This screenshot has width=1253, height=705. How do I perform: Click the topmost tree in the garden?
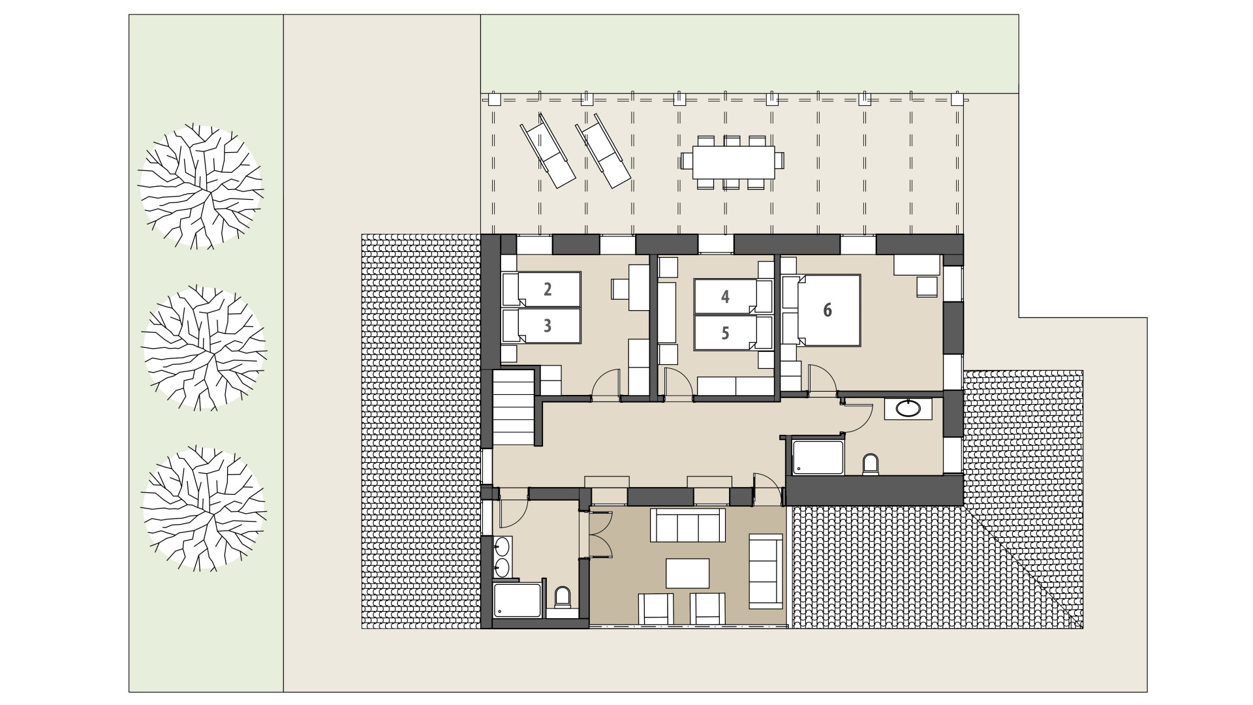(x=201, y=187)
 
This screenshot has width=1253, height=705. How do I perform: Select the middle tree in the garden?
(x=204, y=347)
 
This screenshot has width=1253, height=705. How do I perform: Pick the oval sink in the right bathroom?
(x=908, y=409)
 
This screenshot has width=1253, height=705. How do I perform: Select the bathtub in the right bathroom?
(x=818, y=457)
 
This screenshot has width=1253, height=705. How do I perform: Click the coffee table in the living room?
(x=687, y=573)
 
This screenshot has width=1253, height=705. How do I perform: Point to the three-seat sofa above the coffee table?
(x=688, y=525)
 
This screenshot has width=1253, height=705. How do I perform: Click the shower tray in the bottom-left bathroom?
(x=518, y=600)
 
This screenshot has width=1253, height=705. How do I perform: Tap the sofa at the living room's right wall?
(x=766, y=569)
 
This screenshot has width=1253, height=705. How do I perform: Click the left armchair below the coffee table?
(x=655, y=608)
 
